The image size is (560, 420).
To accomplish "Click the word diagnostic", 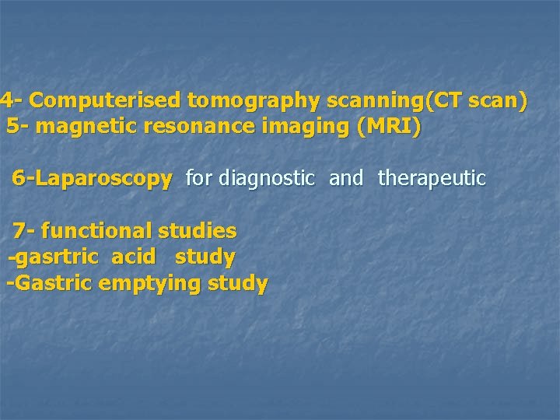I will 267,179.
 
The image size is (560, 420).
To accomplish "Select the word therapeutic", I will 432,179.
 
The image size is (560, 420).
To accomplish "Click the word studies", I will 198,231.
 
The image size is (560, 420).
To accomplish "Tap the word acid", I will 134,257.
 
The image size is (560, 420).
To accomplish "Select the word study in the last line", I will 238,283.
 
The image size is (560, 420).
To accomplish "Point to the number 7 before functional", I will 19,231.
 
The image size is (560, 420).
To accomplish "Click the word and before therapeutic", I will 346,179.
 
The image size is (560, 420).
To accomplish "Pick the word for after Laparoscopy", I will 198,179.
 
